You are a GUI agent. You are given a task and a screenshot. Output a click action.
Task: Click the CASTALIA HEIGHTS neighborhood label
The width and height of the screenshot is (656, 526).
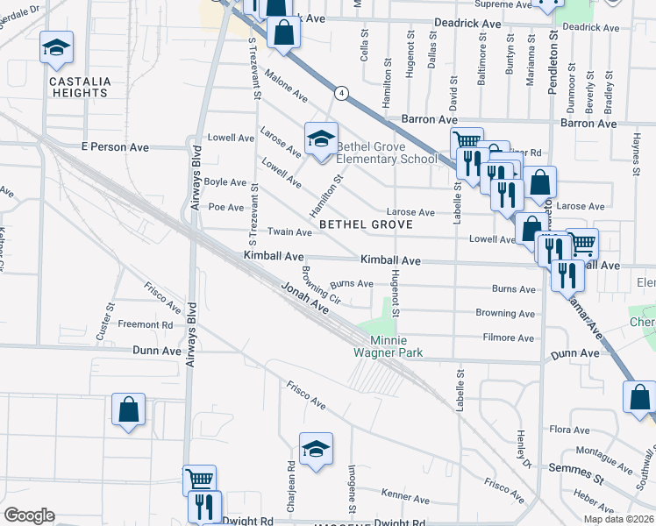(80, 88)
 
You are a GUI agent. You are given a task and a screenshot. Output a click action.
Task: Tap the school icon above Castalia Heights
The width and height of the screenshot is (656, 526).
(56, 49)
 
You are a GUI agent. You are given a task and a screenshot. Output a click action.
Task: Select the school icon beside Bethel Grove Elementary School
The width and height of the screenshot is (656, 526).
(321, 139)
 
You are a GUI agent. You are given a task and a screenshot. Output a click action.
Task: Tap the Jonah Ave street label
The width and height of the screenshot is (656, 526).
(304, 298)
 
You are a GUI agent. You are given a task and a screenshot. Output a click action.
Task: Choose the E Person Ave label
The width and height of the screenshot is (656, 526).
(115, 147)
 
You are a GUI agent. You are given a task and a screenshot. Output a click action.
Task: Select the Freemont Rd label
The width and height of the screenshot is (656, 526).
(146, 324)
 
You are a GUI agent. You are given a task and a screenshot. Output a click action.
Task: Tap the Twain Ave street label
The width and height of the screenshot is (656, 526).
(290, 232)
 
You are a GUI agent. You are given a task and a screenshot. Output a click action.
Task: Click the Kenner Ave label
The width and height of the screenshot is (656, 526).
(404, 495)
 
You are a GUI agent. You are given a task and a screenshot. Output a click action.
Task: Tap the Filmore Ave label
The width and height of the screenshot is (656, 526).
(508, 338)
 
